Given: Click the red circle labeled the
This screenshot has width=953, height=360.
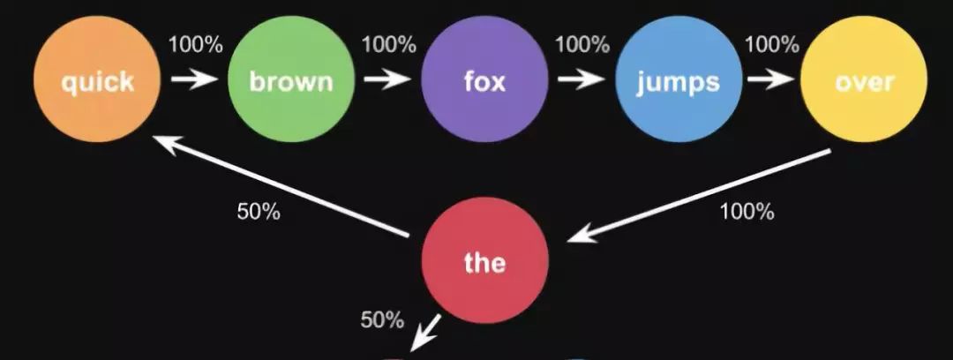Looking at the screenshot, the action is point(484,262).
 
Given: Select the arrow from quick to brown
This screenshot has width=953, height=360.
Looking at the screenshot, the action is point(194,79).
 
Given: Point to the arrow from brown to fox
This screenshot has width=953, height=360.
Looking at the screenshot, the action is point(387,79).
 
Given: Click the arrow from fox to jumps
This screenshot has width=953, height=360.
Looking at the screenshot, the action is point(581,79).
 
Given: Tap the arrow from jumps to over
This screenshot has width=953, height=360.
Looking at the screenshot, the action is point(770,79).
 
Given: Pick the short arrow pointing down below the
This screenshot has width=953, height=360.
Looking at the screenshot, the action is point(427,332).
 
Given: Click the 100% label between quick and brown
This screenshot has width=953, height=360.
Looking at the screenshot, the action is point(194,42).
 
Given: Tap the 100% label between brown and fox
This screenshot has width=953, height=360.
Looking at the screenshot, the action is point(387,42).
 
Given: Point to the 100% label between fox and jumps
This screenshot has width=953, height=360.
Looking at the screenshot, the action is point(582,42).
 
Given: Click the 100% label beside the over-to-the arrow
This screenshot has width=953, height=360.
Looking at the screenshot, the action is point(747,212).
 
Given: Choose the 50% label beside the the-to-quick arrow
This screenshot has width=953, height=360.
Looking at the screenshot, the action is point(259,212).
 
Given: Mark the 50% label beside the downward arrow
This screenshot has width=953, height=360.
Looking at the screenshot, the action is point(382,319).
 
